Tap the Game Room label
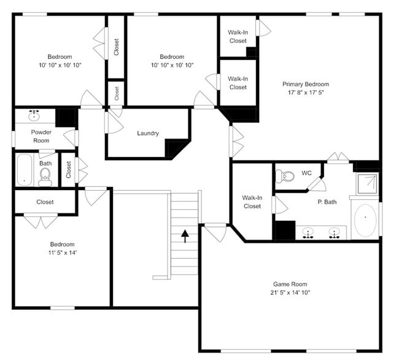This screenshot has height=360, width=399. pos(290,284)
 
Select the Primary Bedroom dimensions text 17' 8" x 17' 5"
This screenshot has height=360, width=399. pos(305,93)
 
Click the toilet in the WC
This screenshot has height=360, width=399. pos(286,177)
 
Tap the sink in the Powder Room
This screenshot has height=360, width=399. pos(34,115)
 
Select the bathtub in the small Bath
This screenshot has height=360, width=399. pos(24,170)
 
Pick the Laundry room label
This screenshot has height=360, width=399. pos(148,133)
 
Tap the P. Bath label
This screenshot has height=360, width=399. pos(327,202)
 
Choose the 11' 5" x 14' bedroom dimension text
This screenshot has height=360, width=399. pos(62,252)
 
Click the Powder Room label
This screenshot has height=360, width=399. pos(42,136)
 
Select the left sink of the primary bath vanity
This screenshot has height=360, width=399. pos(308,232)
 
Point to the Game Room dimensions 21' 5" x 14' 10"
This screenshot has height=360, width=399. pos(290,293)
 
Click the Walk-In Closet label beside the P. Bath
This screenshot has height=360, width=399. pos(252,202)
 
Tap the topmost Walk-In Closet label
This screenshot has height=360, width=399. pos(238,36)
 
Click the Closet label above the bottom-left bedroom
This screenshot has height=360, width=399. pos(45,202)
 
